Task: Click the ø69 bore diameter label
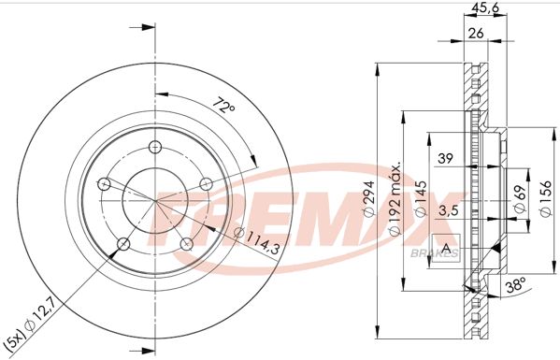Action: pos(518,197)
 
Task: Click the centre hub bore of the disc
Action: pos(151,197)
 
